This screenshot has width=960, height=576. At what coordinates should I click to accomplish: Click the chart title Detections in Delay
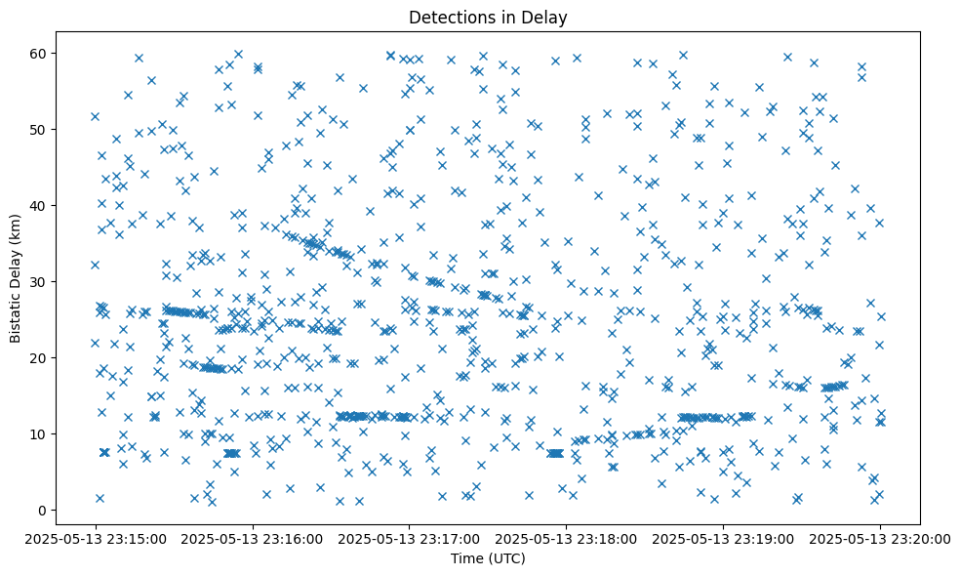pyautogui.click(x=488, y=17)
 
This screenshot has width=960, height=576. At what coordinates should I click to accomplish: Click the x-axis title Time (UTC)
pyautogui.click(x=488, y=558)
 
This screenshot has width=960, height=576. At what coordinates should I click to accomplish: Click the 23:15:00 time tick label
pyautogui.click(x=96, y=537)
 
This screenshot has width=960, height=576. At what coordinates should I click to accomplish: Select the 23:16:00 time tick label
pyautogui.click(x=253, y=537)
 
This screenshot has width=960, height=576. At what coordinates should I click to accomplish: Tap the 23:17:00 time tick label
pyautogui.click(x=410, y=537)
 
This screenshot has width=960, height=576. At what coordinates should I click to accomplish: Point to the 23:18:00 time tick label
pyautogui.click(x=567, y=537)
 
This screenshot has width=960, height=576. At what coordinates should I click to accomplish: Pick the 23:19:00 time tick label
pyautogui.click(x=723, y=537)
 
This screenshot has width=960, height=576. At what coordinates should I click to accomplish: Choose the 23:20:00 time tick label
pyautogui.click(x=880, y=537)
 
